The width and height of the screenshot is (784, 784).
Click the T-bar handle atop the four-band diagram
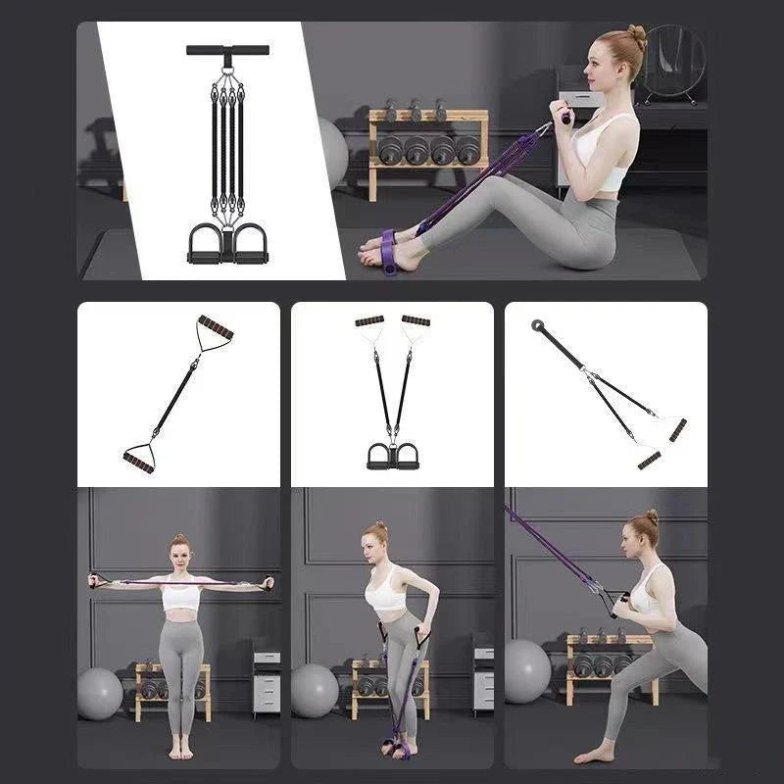227,50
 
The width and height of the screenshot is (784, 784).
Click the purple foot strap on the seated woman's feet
389,251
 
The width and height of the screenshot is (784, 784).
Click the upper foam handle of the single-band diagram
215,328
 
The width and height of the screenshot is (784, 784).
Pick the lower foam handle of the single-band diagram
138,458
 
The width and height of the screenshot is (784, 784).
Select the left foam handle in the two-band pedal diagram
369,321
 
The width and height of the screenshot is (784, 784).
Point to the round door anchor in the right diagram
538,325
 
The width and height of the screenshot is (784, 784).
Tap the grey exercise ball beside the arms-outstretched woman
100,694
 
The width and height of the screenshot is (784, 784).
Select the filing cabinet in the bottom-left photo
266,680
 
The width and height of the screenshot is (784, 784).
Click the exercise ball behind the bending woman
315,690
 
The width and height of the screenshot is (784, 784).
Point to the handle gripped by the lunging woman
613,601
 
